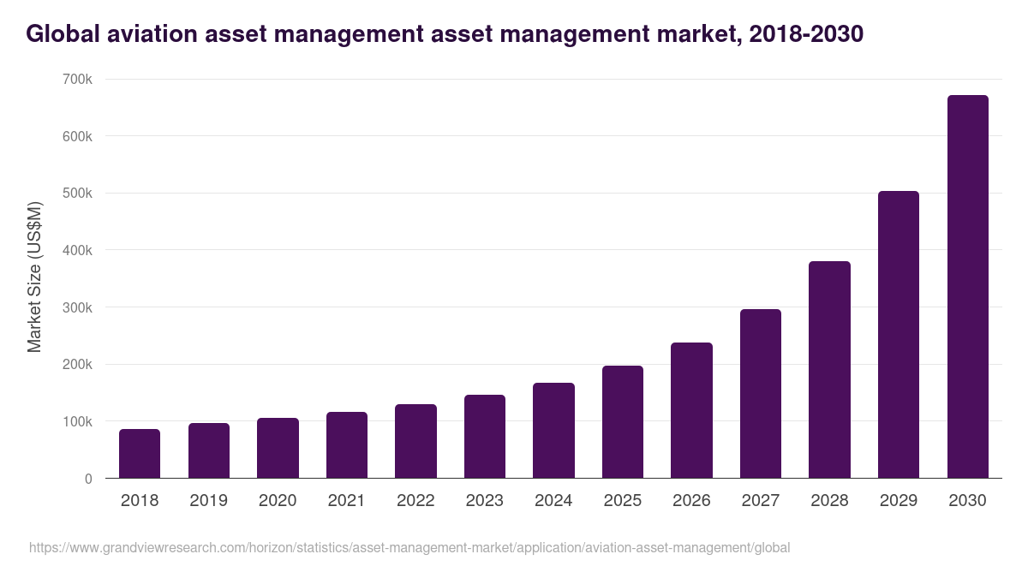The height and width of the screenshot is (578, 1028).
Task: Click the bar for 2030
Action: click(967, 287)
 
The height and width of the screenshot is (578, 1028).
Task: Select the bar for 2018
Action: click(140, 454)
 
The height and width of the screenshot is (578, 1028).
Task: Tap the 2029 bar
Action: click(899, 335)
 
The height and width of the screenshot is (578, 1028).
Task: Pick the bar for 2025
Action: click(623, 422)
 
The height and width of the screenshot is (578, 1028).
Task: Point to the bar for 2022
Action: click(415, 441)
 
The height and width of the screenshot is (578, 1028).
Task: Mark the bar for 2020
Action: click(278, 448)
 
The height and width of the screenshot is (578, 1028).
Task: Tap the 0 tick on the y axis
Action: click(88, 479)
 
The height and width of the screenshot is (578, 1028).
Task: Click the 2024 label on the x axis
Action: click(553, 501)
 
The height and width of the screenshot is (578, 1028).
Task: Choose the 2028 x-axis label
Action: click(829, 501)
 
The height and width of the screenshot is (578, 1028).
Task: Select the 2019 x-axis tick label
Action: click(208, 501)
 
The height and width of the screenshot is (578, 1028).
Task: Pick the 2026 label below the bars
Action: click(691, 501)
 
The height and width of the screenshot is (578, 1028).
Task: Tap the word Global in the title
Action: click(62, 34)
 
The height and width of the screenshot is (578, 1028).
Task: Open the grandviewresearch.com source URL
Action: click(409, 547)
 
